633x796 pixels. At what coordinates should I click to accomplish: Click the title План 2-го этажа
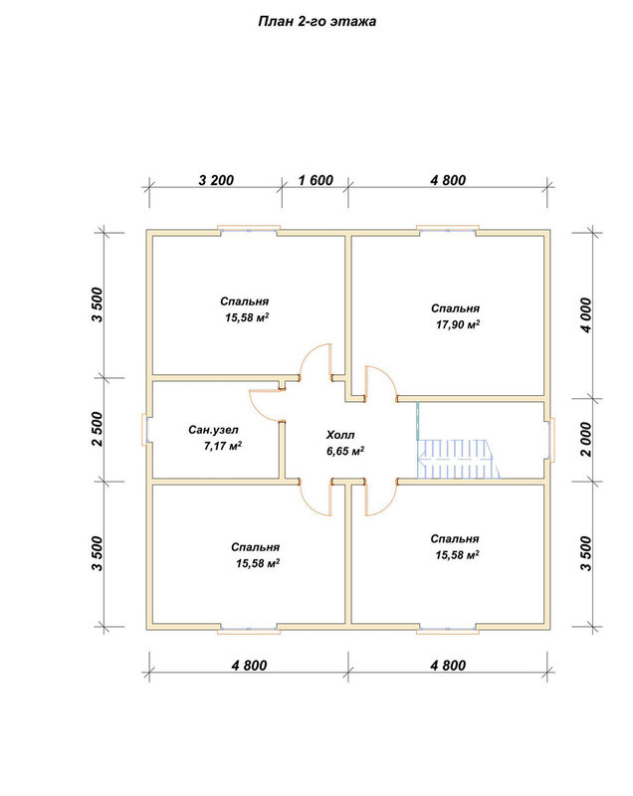tap(316, 22)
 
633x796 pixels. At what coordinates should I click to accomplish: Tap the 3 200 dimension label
tap(216, 180)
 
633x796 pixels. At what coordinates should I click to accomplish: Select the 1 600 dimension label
tap(316, 180)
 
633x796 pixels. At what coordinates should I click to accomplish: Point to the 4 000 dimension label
tap(586, 315)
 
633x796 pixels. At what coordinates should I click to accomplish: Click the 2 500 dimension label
tap(97, 429)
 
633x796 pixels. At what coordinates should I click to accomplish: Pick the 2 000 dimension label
tap(586, 439)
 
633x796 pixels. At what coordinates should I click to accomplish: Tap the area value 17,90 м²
tap(458, 324)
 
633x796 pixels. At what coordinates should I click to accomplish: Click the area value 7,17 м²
tap(222, 446)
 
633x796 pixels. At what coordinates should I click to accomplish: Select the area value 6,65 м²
tap(345, 451)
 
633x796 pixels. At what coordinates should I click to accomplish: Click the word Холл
tap(340, 435)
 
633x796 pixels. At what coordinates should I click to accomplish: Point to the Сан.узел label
tap(213, 430)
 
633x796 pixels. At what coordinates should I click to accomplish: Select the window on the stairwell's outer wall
tap(551, 439)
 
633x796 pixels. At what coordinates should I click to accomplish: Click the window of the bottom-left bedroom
tap(249, 630)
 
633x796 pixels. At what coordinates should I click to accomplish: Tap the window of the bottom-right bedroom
tap(448, 630)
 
